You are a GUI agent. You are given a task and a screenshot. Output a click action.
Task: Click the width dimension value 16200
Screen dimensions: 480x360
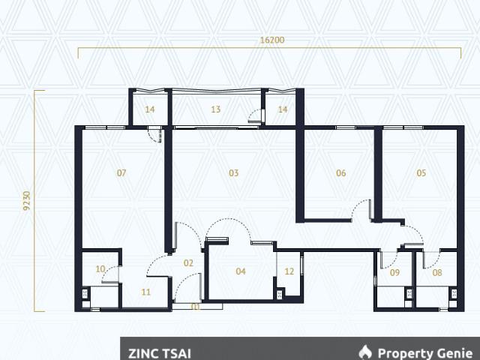(x=271, y=40)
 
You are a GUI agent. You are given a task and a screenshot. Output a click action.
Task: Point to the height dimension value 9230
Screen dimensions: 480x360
(x=27, y=200)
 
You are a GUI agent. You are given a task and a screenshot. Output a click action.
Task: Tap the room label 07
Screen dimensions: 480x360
(x=121, y=173)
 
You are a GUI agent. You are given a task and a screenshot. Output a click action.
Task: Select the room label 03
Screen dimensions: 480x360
(x=233, y=173)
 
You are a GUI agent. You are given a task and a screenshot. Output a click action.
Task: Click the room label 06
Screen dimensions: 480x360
(x=340, y=173)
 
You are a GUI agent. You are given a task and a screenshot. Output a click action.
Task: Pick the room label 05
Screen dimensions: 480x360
(x=421, y=173)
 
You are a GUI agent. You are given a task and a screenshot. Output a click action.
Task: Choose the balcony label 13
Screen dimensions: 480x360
(x=215, y=109)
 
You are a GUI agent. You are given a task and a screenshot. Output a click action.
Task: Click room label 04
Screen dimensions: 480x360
(x=241, y=271)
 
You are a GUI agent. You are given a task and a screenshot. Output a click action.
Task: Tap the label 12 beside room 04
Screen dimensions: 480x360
(x=289, y=271)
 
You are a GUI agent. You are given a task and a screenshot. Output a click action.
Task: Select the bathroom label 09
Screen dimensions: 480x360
(x=395, y=272)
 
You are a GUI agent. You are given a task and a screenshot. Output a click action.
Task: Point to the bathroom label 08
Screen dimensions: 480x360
(x=437, y=272)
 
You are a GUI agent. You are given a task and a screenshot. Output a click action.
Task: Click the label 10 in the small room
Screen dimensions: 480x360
(x=100, y=269)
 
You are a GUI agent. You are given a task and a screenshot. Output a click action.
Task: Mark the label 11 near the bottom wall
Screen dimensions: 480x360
(x=145, y=292)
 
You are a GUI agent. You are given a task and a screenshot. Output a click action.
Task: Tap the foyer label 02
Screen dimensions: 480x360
(x=188, y=263)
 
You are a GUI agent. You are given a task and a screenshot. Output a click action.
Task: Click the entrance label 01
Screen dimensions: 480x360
(x=196, y=307)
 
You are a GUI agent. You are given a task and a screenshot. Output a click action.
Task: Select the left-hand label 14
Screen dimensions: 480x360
(x=150, y=109)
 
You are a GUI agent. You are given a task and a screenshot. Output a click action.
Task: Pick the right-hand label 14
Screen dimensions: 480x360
(x=283, y=109)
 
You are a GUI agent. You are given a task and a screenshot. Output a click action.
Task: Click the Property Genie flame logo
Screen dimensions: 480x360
(x=365, y=352)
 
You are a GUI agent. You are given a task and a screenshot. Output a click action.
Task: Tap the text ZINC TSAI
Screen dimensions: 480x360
(x=160, y=353)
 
